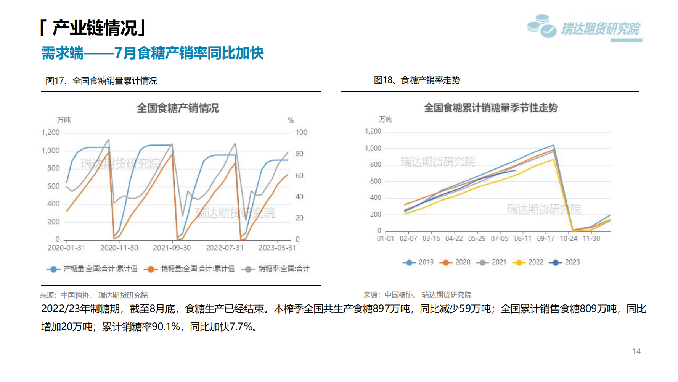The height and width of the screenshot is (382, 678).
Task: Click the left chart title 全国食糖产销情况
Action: click(x=178, y=108)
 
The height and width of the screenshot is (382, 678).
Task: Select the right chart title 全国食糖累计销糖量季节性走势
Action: click(x=490, y=108)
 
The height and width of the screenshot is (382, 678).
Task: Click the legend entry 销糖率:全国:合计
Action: click(x=276, y=269)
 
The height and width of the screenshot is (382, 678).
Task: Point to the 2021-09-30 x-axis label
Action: click(x=172, y=248)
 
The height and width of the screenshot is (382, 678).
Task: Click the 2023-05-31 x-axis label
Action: click(x=277, y=248)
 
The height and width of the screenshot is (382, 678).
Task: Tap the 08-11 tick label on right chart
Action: click(x=522, y=238)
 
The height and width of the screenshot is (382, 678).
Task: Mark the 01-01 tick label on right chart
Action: click(x=385, y=238)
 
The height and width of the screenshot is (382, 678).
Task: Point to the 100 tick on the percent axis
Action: click(x=301, y=133)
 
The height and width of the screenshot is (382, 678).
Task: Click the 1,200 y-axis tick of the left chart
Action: click(x=51, y=133)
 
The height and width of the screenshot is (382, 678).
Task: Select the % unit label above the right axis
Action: click(x=291, y=120)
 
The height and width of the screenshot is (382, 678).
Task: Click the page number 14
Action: click(x=636, y=351)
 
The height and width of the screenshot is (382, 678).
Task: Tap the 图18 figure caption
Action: click(x=417, y=80)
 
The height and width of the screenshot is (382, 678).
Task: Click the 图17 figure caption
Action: click(x=101, y=81)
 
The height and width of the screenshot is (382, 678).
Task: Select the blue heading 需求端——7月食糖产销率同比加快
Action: click(x=152, y=53)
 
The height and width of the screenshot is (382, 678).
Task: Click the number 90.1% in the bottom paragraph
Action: click(x=165, y=327)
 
